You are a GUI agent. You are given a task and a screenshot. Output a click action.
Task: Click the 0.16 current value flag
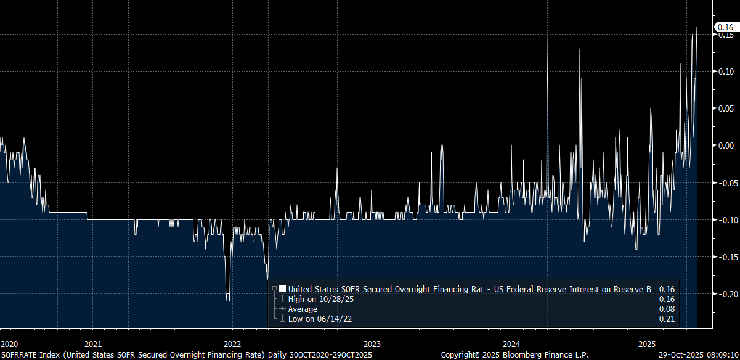click(x=725, y=27)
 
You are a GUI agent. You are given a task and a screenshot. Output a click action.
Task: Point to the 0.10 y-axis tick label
click(x=725, y=72)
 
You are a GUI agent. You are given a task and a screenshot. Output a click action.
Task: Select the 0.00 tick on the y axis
click(x=725, y=145)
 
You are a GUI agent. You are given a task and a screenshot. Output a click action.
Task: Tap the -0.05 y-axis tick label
click(x=724, y=182)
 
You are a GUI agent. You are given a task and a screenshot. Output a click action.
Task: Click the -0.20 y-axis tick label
click(x=724, y=293)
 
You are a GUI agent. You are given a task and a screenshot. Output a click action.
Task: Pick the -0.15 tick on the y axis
click(x=724, y=256)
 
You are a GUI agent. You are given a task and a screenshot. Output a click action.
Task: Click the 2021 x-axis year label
click(x=92, y=343)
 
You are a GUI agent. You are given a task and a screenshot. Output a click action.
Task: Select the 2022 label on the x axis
click(x=232, y=343)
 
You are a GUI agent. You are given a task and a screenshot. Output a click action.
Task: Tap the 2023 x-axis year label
click(x=372, y=343)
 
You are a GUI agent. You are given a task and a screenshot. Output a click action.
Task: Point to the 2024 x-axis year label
click(x=512, y=343)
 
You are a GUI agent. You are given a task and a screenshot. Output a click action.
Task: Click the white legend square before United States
click(x=282, y=288)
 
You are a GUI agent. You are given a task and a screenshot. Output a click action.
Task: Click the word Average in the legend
click(x=303, y=309)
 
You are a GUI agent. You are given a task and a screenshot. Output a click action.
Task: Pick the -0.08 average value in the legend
click(x=667, y=309)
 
